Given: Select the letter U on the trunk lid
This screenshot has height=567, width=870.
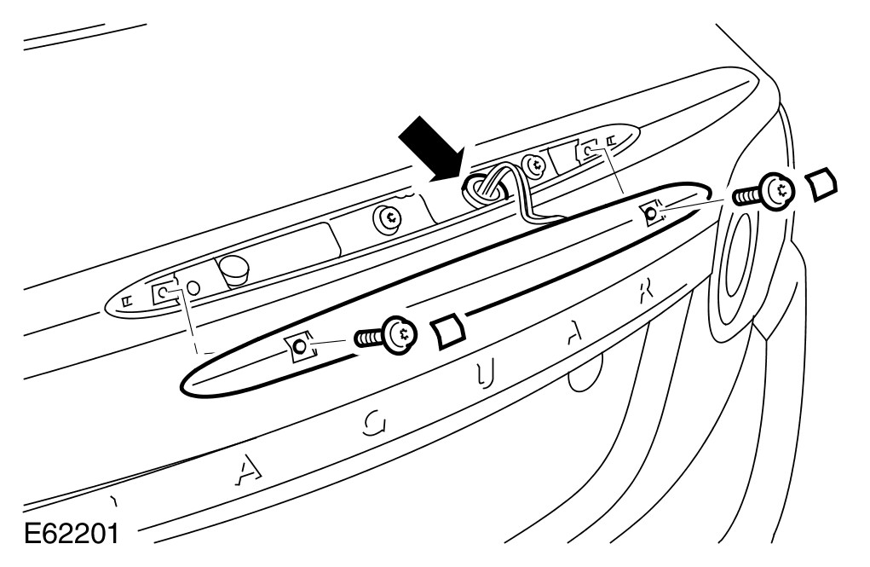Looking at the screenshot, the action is [x=487, y=375].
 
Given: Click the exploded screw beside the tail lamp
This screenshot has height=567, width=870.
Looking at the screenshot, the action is [x=766, y=191].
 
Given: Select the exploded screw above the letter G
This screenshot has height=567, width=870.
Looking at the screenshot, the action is [x=389, y=335].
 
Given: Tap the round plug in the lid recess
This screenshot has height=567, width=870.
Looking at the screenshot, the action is [x=231, y=271].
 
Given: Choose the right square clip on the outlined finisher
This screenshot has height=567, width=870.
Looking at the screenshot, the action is [x=652, y=211].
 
